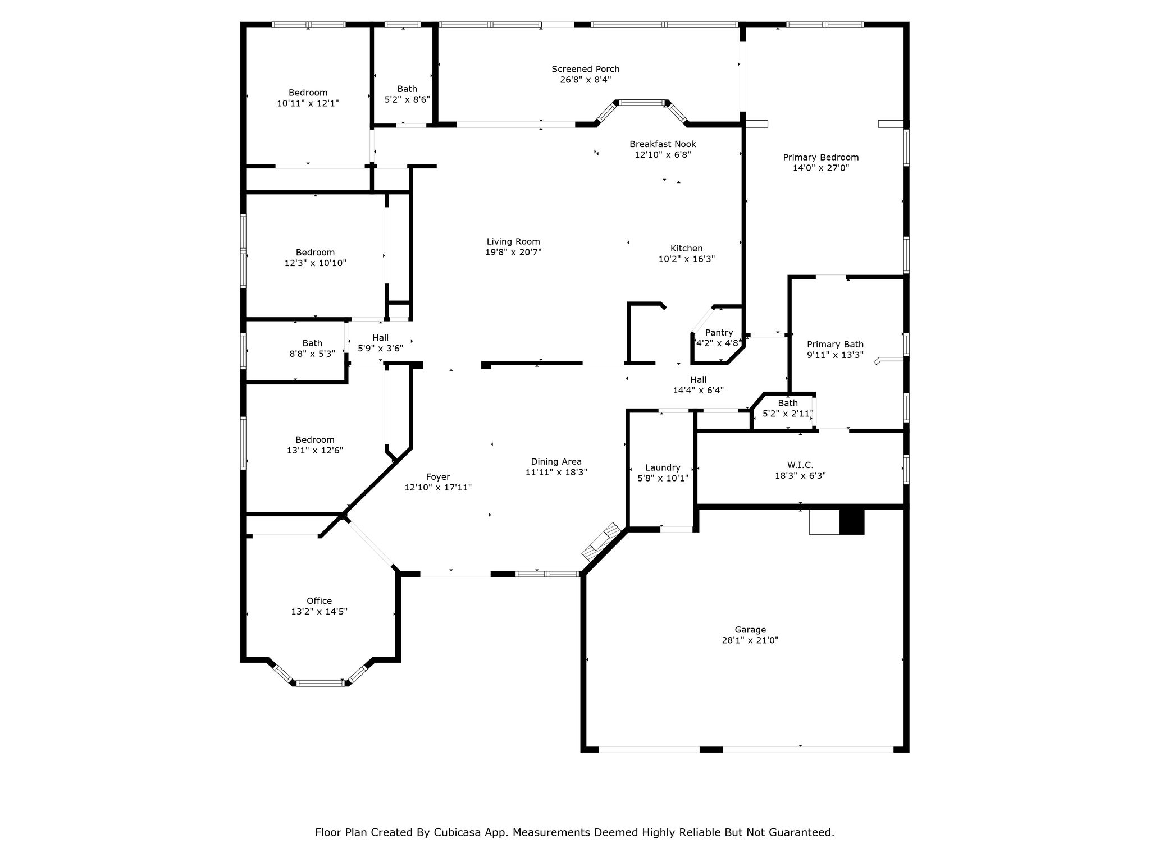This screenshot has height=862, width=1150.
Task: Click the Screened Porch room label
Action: pos(585,69)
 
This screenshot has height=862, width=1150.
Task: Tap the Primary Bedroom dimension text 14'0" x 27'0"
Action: pos(820,168)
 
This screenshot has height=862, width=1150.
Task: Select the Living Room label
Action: pos(513,242)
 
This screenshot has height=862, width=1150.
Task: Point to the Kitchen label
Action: pos(686,248)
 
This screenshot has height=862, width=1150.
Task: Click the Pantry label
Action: pos(719,333)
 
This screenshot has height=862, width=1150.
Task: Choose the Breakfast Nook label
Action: pos(663,144)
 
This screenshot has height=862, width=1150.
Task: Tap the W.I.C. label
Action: pos(800,465)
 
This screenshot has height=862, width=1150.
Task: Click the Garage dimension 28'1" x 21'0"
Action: pos(750,640)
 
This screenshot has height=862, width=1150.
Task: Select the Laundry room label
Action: pos(663,467)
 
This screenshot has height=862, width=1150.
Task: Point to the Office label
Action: pos(319,601)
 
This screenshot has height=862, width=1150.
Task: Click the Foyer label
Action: pos(438,477)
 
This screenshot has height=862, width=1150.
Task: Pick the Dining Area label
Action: pos(556,462)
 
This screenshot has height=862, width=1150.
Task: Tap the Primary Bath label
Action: pos(835,345)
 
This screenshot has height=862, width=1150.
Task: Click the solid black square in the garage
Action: pos(851,521)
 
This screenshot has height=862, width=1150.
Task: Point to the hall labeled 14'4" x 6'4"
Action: pos(699,380)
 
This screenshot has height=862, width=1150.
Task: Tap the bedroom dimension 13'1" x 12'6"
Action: pos(315,451)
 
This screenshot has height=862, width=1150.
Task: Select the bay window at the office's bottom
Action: pos(320,682)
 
